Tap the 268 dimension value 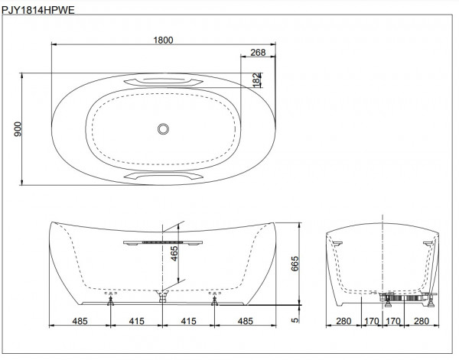coord(257,53)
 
